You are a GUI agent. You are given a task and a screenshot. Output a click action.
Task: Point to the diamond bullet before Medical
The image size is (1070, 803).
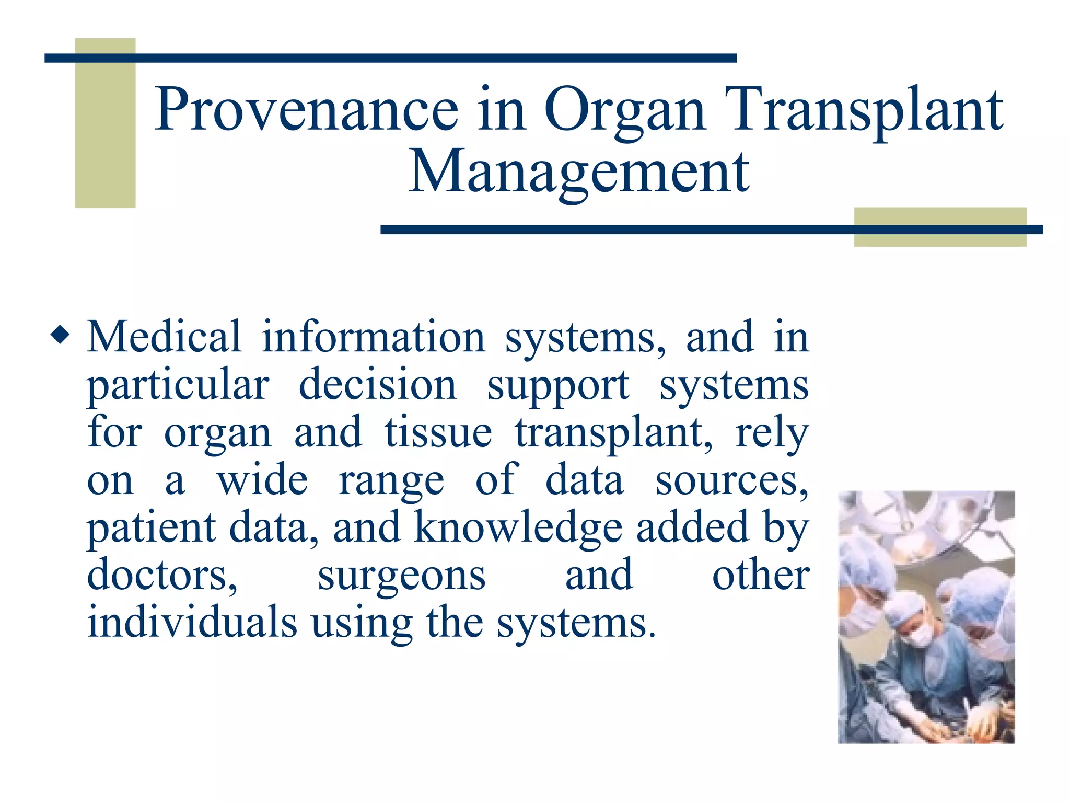tap(60, 335)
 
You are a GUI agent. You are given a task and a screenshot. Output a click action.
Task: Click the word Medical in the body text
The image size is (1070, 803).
tap(164, 337)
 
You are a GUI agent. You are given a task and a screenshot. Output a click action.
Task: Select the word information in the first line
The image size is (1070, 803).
tap(374, 337)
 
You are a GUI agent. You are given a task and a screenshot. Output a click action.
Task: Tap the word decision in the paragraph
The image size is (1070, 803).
tap(377, 385)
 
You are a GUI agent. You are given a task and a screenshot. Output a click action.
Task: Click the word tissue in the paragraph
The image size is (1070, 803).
tap(438, 432)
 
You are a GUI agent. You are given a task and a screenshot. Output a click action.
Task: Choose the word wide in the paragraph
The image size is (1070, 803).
tap(263, 480)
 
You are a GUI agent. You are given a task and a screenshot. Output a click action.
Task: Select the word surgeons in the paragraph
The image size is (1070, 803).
tap(401, 576)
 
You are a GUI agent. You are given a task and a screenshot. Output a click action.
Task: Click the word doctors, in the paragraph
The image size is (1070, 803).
tap(162, 575)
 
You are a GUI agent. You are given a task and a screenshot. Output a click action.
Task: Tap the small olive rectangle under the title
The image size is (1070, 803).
tap(940, 227)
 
